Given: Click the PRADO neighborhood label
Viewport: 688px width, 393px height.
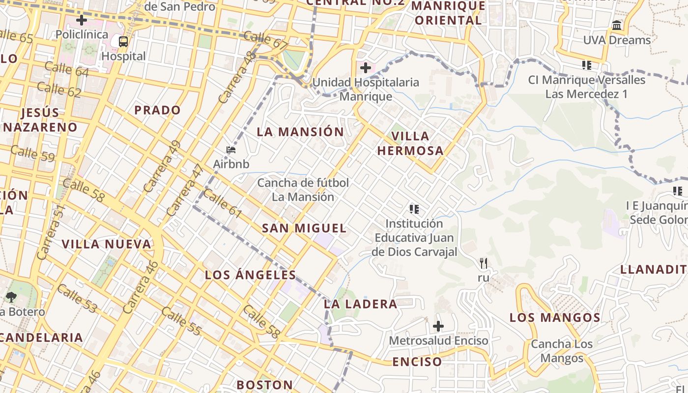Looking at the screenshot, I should click(157, 110).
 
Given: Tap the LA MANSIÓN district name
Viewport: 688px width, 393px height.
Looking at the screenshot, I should click(300, 132).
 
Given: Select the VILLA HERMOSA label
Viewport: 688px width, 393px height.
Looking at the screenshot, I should click(410, 143).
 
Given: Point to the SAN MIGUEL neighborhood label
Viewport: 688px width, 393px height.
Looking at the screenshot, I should click(304, 228).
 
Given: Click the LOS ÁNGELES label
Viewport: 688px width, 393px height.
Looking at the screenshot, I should click(251, 275).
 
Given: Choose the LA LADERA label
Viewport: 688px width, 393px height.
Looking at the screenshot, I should click(361, 304).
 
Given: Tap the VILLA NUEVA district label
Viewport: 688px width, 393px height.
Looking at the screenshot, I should click(107, 244).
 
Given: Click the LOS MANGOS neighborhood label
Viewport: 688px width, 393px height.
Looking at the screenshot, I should click(555, 317).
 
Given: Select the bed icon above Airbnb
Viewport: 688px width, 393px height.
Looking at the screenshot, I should click(231, 150).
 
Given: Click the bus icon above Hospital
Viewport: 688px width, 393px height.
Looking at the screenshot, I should click(123, 42).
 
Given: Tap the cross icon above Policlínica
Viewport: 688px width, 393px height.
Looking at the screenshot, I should click(82, 20).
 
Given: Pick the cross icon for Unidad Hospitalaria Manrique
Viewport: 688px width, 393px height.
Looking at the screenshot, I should click(365, 68).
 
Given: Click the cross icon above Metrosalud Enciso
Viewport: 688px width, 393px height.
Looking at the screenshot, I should click(438, 326).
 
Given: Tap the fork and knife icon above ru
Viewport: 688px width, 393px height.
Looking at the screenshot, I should click(484, 263).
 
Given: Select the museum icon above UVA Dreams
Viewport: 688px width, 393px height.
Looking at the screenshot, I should click(617, 25).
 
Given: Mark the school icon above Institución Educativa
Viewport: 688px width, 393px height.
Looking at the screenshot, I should click(414, 209).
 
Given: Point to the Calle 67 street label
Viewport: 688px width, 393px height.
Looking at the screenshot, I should click(265, 40).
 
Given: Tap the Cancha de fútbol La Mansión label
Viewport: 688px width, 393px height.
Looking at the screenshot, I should click(303, 190).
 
